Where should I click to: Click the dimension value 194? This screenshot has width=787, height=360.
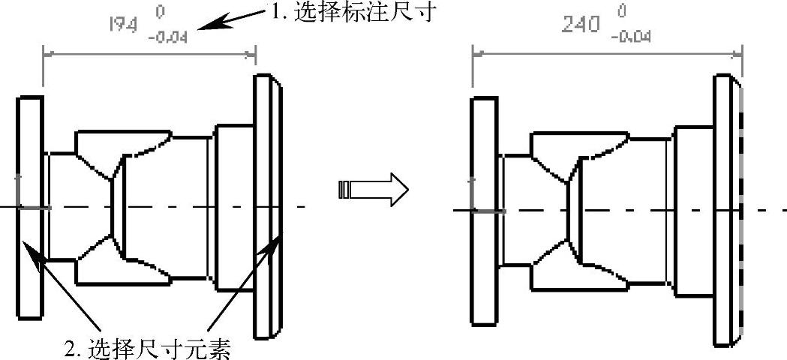pyautogui.click(x=122, y=24)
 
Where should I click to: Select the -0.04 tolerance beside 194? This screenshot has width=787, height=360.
pyautogui.click(x=173, y=36)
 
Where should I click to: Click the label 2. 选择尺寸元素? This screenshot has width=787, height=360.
pyautogui.click(x=146, y=347)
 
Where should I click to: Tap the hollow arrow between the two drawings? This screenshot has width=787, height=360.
pyautogui.click(x=373, y=190)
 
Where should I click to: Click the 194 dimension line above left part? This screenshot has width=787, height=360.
pyautogui.click(x=150, y=53)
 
